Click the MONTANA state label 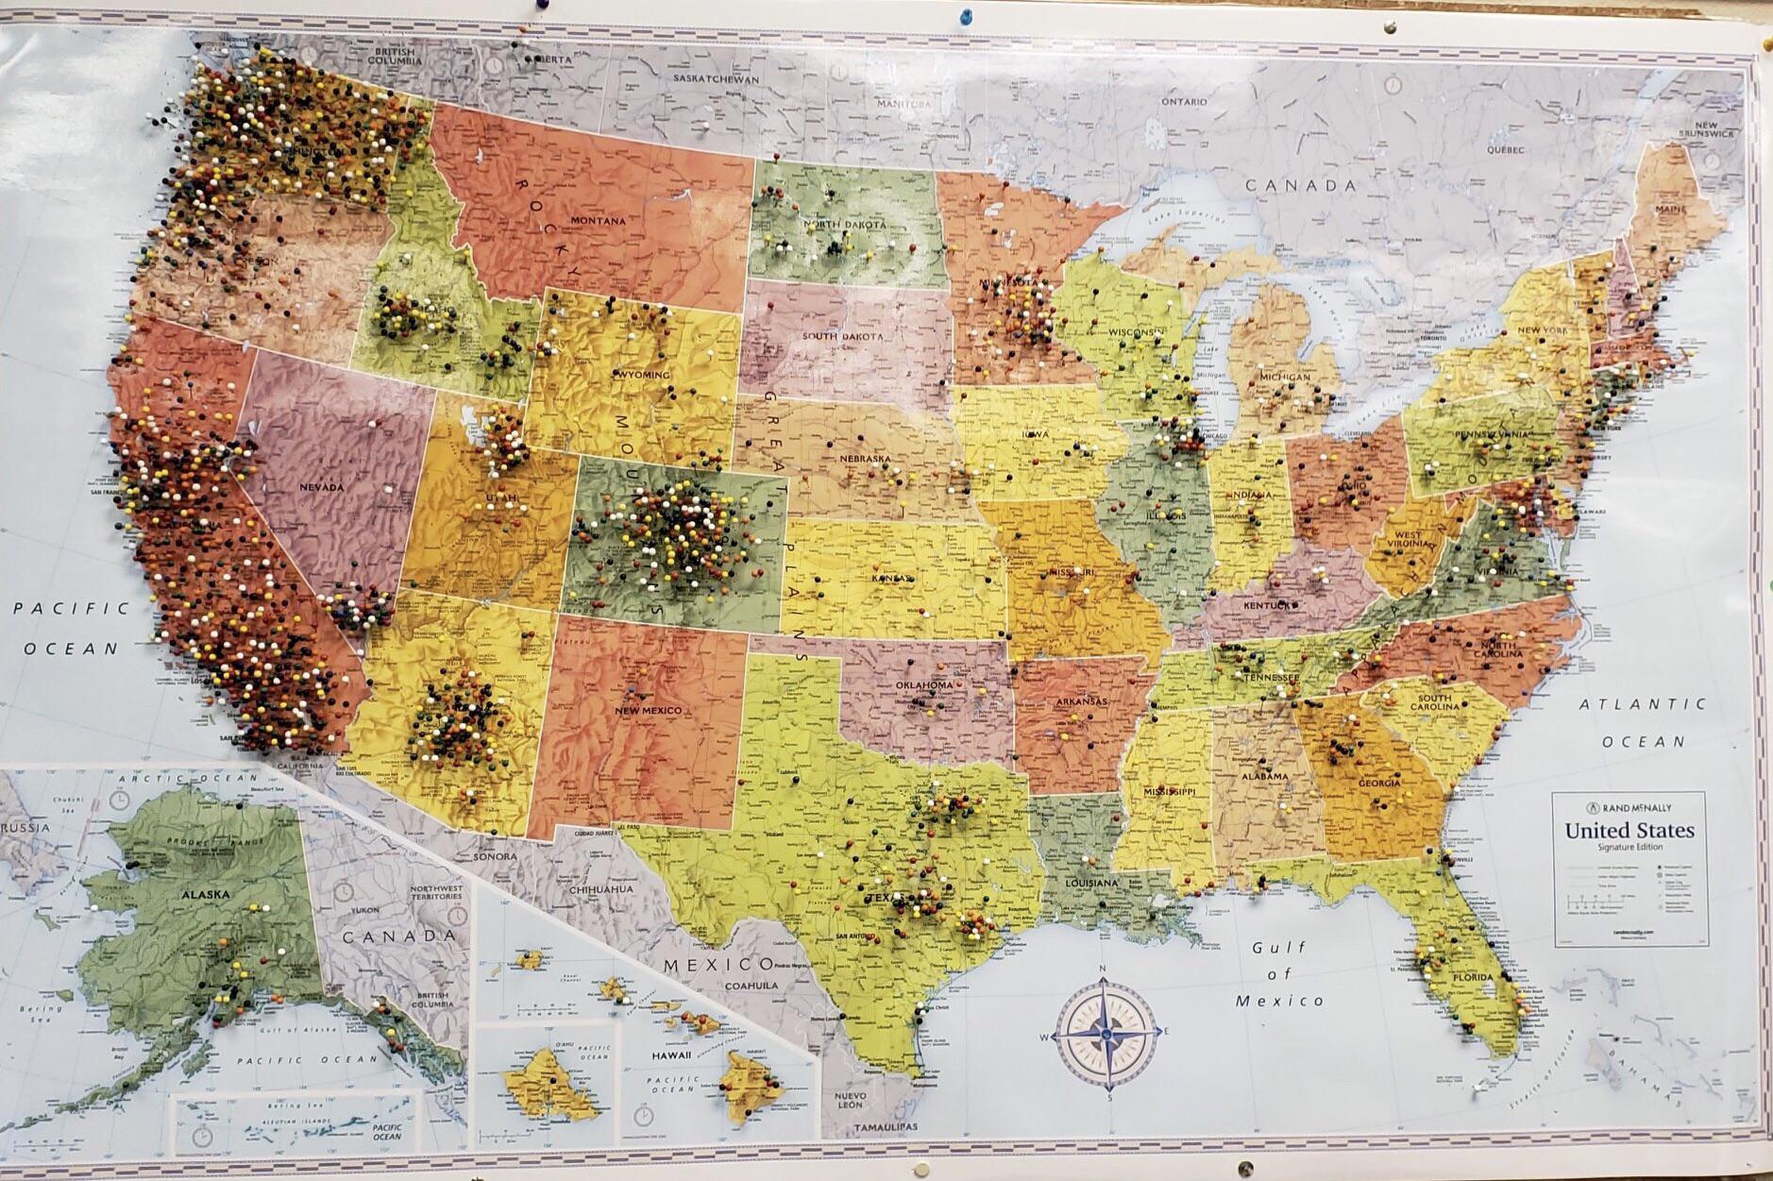pos(598,221)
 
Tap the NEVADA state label pos(322,487)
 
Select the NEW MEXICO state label pos(648,710)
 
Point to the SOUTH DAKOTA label pos(843,336)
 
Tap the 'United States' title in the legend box pos(1629,832)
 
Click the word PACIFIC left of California pos(72,609)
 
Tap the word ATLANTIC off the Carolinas pos(1643,703)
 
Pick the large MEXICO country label pos(718,965)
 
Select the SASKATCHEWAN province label pos(717,80)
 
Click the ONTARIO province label pos(1184,101)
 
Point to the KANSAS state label pos(892,578)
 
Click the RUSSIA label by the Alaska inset pos(24,828)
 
